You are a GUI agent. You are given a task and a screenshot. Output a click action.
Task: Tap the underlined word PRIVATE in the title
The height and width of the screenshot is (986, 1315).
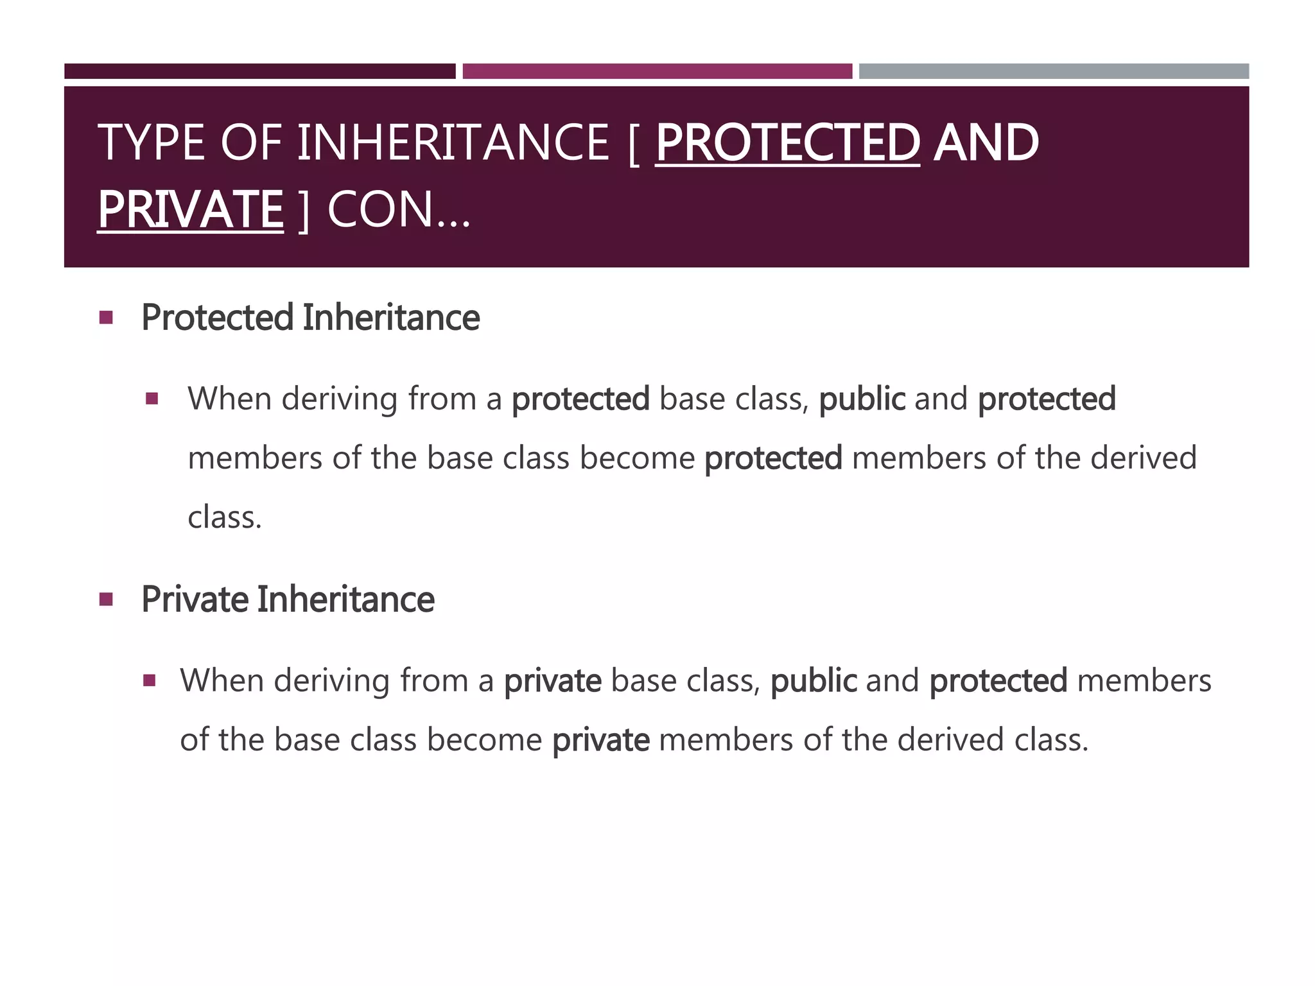point(191,209)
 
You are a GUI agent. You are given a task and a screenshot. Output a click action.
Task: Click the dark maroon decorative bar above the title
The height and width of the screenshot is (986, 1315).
point(259,71)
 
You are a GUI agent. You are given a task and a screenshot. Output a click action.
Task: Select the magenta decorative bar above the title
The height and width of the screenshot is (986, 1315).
point(657,71)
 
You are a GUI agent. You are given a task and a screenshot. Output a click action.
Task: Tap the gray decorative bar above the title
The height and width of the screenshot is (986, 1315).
point(1054,71)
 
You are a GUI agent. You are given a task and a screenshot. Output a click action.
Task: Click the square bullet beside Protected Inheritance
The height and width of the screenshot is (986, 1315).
point(107,317)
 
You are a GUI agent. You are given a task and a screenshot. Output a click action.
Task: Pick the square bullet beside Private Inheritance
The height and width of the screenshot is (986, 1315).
point(107,600)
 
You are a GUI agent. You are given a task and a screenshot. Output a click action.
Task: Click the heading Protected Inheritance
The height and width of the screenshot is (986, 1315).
point(310,317)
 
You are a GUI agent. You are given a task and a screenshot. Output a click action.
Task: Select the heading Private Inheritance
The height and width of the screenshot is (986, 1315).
point(288,600)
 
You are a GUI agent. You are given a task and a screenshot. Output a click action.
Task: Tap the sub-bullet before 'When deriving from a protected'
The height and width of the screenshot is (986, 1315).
point(152,399)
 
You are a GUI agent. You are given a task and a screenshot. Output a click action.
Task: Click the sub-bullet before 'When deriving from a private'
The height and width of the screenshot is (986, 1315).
point(150,680)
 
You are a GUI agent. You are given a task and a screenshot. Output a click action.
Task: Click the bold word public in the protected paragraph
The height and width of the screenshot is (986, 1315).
point(862,399)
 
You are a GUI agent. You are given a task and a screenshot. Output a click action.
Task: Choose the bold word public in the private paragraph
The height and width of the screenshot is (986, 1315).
point(813,680)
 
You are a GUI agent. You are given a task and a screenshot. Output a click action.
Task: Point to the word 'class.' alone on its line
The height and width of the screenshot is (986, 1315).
point(225,517)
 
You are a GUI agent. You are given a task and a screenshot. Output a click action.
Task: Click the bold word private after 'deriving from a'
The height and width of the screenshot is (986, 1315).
point(552,680)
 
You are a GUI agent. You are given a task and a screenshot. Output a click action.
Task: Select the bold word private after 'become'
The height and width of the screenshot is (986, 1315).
point(600,739)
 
